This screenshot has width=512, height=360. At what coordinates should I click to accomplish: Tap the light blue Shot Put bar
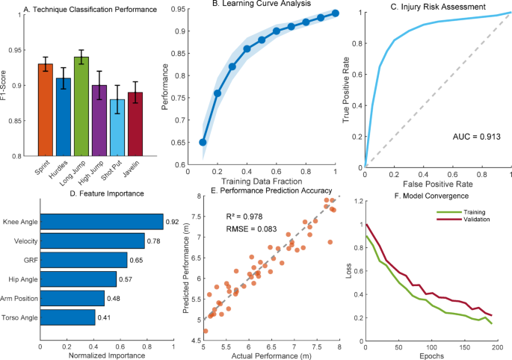click(118, 127)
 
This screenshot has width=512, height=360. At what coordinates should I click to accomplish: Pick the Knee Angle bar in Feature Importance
click(101, 221)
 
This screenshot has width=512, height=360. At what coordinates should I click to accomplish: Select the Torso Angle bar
click(67, 318)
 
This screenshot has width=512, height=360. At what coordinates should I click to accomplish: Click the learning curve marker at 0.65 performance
click(203, 142)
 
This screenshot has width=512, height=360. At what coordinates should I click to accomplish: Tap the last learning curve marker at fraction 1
click(336, 13)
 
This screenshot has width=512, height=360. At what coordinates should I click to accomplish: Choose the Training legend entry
click(467, 212)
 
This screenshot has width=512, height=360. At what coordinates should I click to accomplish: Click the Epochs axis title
click(431, 355)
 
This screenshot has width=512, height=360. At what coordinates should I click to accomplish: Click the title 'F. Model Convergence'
click(426, 196)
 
